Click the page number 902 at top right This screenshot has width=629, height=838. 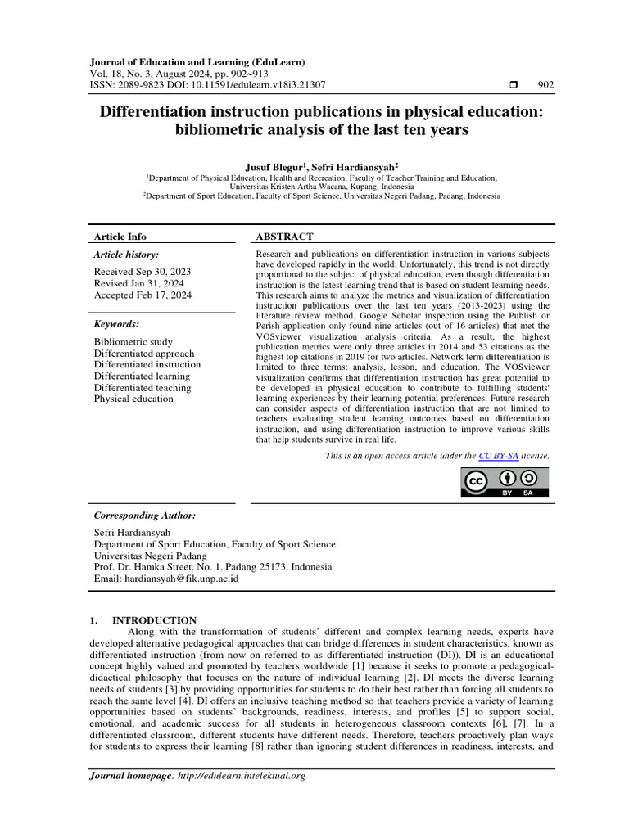tap(545, 84)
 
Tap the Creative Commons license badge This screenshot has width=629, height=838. tap(505, 483)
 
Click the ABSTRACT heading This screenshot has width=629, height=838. tap(285, 237)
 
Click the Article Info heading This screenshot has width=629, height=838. tap(120, 237)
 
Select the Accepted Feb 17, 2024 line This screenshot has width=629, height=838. tap(143, 295)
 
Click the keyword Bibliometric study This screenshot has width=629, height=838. tap(133, 341)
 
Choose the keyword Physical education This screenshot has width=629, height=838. tap(133, 399)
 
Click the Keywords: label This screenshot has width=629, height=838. tap(117, 324)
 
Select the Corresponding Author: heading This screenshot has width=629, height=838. tap(145, 516)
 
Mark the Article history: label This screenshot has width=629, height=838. tap(127, 255)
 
